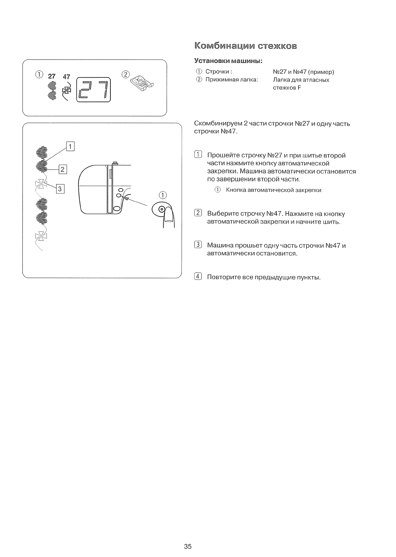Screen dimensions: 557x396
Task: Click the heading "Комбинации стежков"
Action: pyautogui.click(x=245, y=46)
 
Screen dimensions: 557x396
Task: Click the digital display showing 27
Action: pyautogui.click(x=93, y=90)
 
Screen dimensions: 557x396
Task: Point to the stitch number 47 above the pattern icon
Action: pyautogui.click(x=66, y=77)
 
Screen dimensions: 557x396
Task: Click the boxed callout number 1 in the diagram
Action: pyautogui.click(x=70, y=146)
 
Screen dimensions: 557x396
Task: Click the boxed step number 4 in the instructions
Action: pyautogui.click(x=198, y=277)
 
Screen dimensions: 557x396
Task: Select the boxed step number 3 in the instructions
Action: pyautogui.click(x=198, y=245)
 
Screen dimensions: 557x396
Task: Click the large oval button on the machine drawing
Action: pyautogui.click(x=117, y=208)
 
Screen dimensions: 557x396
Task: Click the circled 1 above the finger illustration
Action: pyautogui.click(x=163, y=195)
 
